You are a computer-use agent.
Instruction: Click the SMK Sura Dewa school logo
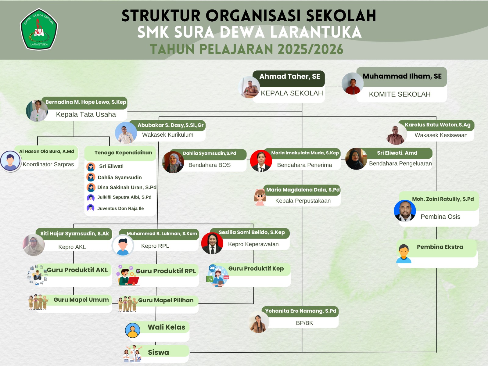click(x=39, y=30)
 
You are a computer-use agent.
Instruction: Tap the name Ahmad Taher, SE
click(x=289, y=77)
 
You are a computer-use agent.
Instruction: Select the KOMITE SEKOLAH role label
click(x=400, y=94)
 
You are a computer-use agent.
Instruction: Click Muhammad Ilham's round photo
click(x=353, y=83)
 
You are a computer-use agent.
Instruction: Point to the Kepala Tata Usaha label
click(x=86, y=114)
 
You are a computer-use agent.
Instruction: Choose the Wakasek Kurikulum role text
click(x=167, y=135)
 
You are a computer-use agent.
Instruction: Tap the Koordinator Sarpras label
click(x=48, y=164)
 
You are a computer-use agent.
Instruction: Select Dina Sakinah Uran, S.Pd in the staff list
click(x=127, y=187)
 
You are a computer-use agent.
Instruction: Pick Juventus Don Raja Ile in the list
click(x=120, y=208)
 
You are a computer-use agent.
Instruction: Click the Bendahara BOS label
click(x=209, y=165)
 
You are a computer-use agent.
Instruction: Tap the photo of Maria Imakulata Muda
click(x=261, y=161)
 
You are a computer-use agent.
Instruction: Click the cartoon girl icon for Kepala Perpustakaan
click(x=260, y=197)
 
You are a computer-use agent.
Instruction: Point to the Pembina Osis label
click(x=440, y=217)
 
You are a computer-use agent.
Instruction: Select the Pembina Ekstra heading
click(x=440, y=247)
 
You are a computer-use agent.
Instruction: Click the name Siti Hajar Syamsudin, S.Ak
click(x=74, y=234)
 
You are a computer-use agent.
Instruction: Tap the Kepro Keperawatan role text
click(x=253, y=244)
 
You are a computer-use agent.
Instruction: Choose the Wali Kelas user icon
click(x=133, y=330)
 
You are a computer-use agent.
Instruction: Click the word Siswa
click(x=158, y=352)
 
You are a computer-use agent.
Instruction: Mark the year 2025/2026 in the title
click(x=310, y=49)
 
